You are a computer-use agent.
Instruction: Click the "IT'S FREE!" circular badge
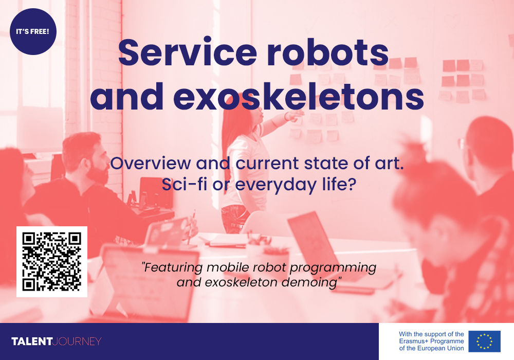click(33, 31)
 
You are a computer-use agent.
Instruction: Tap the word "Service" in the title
click(187, 52)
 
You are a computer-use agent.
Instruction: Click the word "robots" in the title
click(328, 52)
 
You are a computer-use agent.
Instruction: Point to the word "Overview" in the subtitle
click(151, 163)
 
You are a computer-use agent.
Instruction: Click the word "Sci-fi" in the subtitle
click(184, 184)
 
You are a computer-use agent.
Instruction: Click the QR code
click(52, 262)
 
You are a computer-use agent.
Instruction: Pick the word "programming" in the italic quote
click(333, 268)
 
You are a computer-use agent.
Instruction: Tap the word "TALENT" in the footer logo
click(32, 341)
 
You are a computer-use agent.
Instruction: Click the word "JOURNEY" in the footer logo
click(77, 341)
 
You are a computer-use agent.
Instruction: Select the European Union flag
click(485, 341)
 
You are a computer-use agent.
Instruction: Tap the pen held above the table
click(192, 226)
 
